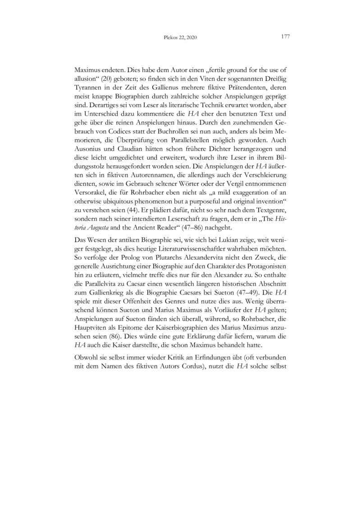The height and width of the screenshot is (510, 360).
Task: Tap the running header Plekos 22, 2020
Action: [180, 38]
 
